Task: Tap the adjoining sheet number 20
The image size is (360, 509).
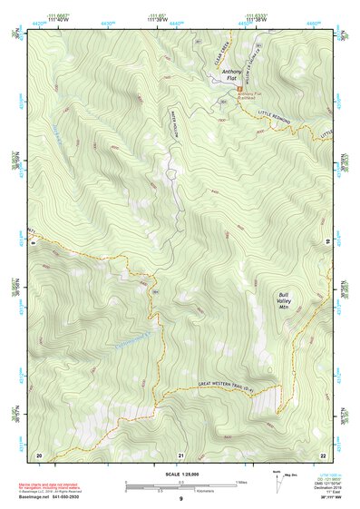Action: tap(38, 454)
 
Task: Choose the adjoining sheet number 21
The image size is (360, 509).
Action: tap(180, 454)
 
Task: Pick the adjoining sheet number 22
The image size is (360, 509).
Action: tap(322, 454)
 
